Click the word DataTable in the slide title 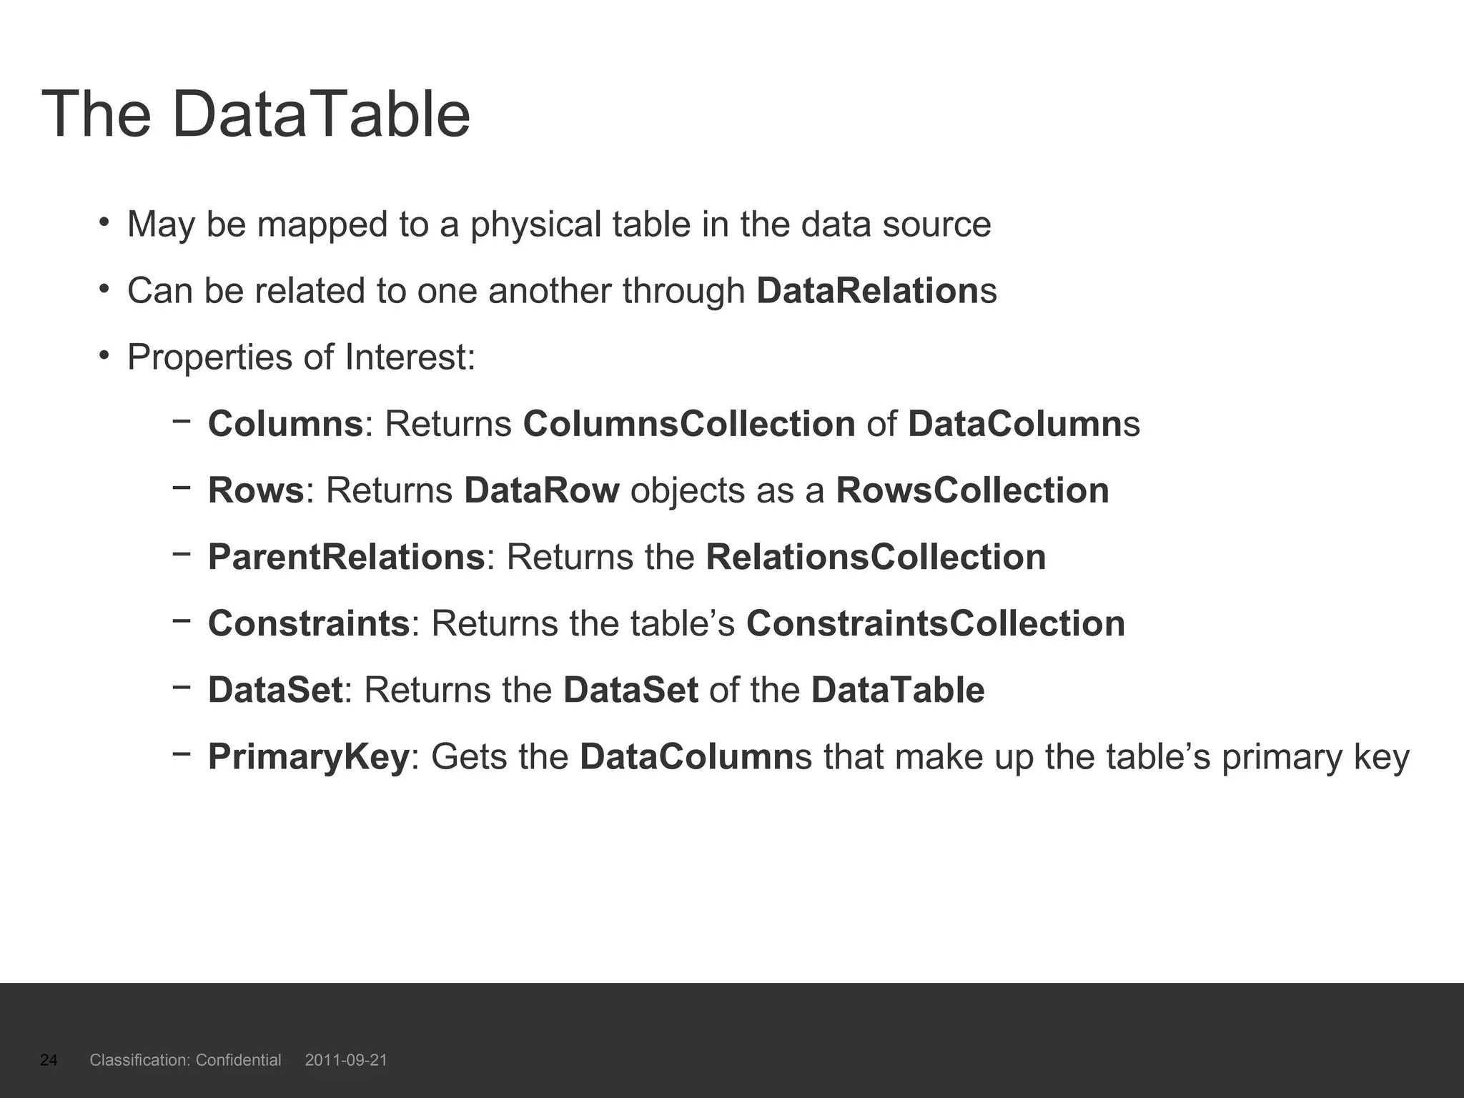pos(320,114)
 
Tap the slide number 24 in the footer pos(49,1060)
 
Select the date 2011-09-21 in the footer pos(346,1060)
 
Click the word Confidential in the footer pos(238,1060)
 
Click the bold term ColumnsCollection pos(689,424)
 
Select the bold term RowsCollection pos(972,490)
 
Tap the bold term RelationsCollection pos(876,557)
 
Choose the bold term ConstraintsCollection pos(935,623)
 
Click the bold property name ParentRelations pos(347,557)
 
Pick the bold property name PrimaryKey pos(308,757)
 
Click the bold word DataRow pos(541,490)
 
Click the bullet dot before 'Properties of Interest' pos(104,355)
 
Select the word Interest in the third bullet pos(409,357)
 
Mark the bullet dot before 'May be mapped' pos(104,222)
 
